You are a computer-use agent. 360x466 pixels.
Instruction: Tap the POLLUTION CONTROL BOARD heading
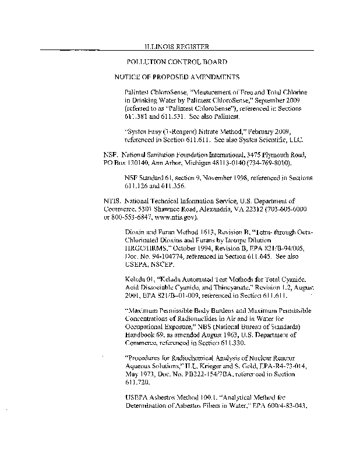click(177, 61)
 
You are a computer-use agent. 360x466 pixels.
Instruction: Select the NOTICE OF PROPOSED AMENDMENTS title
click(177, 77)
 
